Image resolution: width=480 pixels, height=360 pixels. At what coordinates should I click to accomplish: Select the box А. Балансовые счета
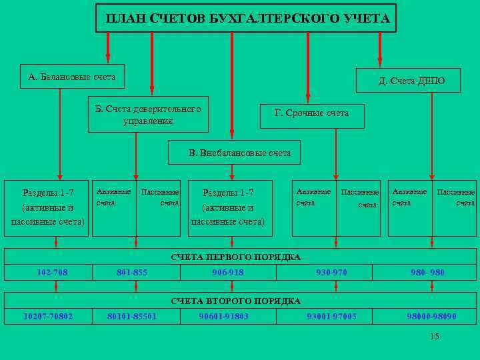click(x=72, y=77)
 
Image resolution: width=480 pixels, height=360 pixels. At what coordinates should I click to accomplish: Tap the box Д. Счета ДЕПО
click(x=411, y=81)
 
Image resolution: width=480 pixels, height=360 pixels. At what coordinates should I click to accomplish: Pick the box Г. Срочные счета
click(x=312, y=113)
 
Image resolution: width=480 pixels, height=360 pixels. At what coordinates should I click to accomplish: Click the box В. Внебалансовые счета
click(x=240, y=153)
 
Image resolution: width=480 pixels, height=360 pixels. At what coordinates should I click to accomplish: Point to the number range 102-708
click(x=52, y=272)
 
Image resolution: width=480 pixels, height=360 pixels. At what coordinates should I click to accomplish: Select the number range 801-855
click(x=132, y=272)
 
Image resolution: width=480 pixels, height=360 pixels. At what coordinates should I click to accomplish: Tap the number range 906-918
click(x=228, y=272)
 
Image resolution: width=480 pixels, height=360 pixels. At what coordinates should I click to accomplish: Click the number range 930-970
click(x=331, y=272)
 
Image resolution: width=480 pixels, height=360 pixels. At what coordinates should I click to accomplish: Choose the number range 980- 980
click(x=427, y=272)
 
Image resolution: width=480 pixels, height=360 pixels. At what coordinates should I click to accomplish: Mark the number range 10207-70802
click(x=48, y=316)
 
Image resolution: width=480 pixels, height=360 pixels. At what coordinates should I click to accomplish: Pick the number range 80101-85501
click(x=132, y=316)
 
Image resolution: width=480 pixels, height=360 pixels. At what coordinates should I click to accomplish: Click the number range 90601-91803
click(x=224, y=316)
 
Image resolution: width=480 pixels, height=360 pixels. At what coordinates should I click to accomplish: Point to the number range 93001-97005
click(x=331, y=316)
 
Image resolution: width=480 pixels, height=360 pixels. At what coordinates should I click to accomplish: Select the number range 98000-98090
click(x=432, y=316)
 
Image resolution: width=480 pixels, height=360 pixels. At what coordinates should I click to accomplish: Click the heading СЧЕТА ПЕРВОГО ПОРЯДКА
click(x=236, y=257)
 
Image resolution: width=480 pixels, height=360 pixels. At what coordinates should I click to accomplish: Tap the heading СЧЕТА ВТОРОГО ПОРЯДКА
click(x=236, y=301)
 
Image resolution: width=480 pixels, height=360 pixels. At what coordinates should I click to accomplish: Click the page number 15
click(x=435, y=336)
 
